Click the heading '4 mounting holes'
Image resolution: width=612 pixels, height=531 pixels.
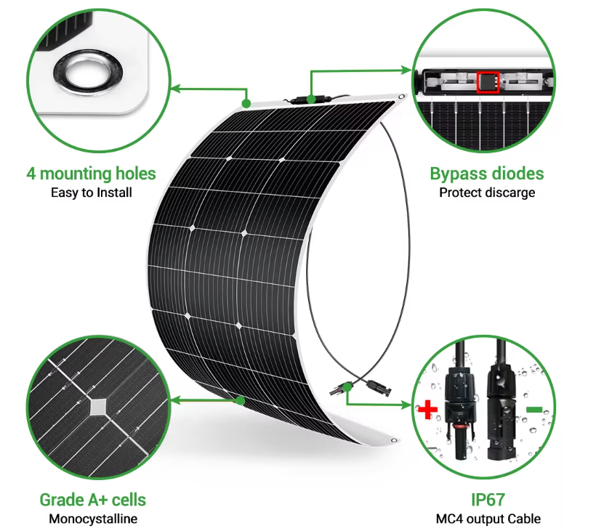click(x=92, y=174)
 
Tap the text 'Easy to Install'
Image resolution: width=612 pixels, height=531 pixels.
click(x=92, y=192)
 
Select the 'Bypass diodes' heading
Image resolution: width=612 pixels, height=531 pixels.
click(x=486, y=174)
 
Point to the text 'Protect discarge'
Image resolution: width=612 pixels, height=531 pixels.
click(x=486, y=192)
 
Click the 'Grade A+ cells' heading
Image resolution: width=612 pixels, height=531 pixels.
click(x=92, y=500)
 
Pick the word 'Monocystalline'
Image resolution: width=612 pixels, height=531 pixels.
click(x=92, y=519)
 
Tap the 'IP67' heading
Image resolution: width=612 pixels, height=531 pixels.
click(x=487, y=500)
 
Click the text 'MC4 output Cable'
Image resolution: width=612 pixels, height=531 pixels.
click(x=487, y=519)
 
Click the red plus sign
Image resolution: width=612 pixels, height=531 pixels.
click(x=427, y=410)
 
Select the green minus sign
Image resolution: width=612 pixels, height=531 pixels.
click(x=534, y=410)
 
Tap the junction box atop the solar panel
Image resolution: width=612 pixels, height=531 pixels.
click(x=310, y=98)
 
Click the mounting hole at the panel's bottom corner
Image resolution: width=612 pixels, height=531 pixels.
click(x=393, y=439)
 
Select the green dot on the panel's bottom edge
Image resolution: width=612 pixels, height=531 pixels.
click(x=241, y=400)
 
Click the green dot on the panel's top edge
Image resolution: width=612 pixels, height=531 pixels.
click(x=246, y=103)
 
